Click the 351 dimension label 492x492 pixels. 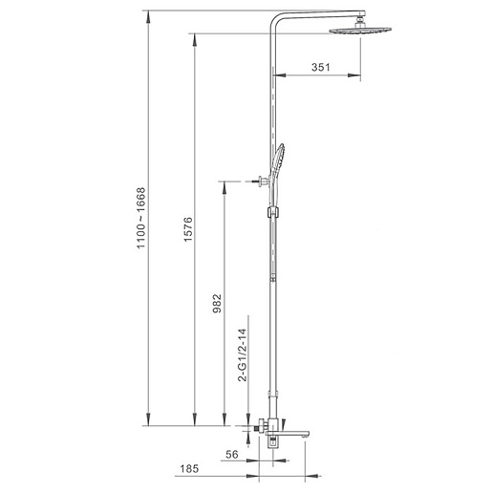coord(320,67)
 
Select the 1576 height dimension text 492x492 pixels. coord(188,229)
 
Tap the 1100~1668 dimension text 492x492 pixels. coord(140,218)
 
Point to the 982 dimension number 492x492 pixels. coord(217,303)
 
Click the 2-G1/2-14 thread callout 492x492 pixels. coord(243,354)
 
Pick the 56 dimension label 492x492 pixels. coord(232,455)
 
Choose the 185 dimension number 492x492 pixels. coord(189,468)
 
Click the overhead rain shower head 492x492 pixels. coord(360,31)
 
